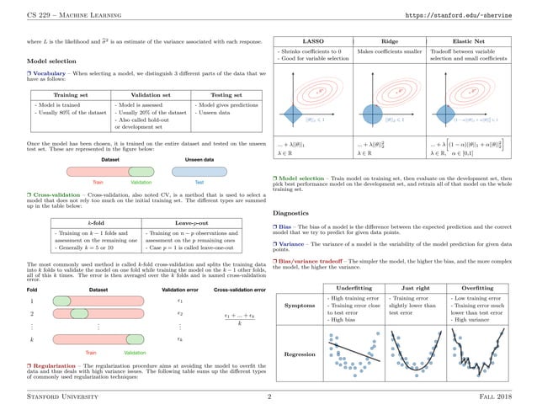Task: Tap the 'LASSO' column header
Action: click(x=315, y=40)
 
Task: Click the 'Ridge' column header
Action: click(x=391, y=40)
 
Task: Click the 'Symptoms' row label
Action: click(x=300, y=306)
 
